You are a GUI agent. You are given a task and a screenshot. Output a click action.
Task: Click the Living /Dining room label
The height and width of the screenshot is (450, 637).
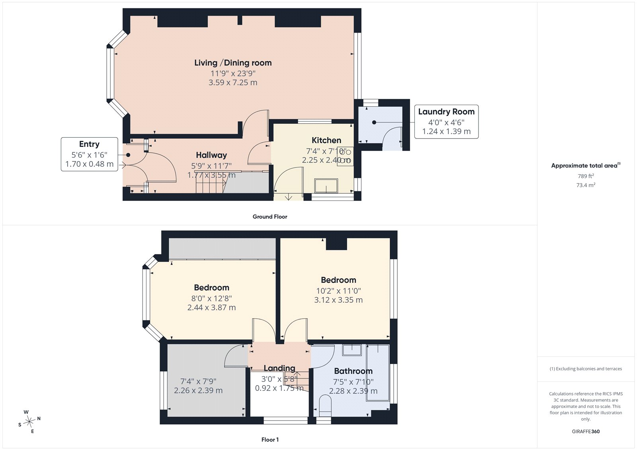(233, 63)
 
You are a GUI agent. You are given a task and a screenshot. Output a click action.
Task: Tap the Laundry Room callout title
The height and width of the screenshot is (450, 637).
(446, 112)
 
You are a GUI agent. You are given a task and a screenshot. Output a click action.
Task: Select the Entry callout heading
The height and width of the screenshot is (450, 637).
(89, 144)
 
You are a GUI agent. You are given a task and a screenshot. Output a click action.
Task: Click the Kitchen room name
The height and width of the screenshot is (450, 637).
(326, 140)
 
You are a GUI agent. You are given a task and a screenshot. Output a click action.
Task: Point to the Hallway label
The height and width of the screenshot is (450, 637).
(211, 155)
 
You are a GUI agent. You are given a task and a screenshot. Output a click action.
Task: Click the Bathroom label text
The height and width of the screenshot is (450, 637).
(353, 371)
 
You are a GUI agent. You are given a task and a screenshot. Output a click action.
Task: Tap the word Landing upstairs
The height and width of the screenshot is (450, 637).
(279, 368)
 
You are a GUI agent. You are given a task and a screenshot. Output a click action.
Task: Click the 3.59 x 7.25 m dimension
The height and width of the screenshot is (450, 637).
(233, 82)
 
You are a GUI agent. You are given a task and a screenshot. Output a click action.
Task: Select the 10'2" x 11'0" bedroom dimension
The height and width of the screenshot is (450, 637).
(338, 291)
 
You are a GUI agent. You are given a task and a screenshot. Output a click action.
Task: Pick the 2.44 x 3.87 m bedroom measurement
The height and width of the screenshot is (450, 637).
(211, 307)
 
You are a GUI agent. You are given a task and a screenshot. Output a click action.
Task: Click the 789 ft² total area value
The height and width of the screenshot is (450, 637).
(586, 176)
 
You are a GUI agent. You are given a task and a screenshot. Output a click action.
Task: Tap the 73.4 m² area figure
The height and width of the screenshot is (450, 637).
(586, 185)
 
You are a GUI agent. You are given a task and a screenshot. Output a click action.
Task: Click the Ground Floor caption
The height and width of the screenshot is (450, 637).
(270, 216)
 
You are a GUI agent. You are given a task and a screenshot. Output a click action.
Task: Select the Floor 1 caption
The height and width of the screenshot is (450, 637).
(270, 440)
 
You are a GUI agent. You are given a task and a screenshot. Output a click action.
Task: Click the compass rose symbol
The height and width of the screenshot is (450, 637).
(29, 421)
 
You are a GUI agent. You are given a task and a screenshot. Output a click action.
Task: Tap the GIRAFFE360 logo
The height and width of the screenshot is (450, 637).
(586, 431)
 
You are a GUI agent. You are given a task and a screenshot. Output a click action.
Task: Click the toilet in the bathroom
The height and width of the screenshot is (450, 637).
(325, 406)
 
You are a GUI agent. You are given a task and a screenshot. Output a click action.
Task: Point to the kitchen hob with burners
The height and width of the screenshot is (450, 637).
(345, 156)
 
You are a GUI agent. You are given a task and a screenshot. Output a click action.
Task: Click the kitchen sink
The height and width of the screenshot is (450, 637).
(326, 186)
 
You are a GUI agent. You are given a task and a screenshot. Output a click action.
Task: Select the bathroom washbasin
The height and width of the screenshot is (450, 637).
(352, 350)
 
